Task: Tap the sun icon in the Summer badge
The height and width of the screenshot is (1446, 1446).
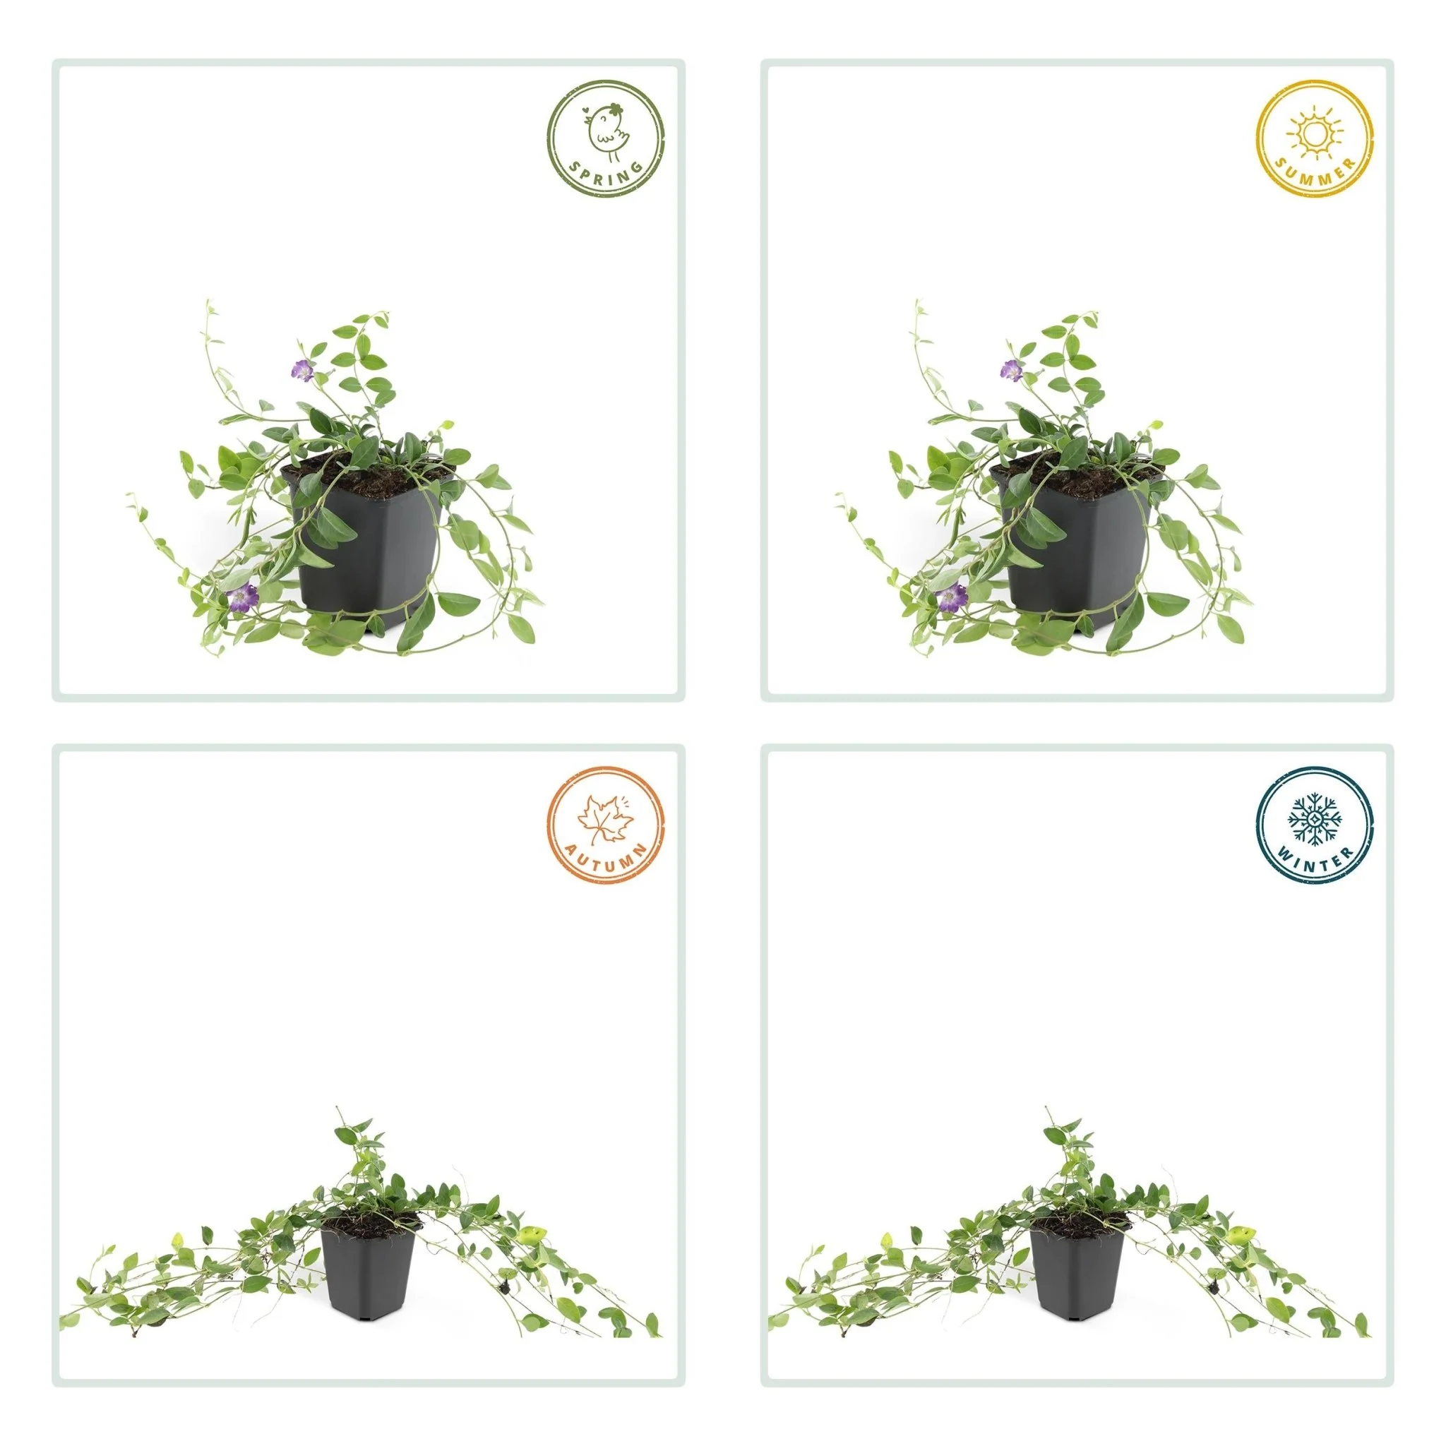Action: tap(1314, 133)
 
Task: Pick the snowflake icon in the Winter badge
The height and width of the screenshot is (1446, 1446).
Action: tap(1313, 819)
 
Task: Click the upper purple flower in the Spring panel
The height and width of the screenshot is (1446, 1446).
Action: tap(301, 369)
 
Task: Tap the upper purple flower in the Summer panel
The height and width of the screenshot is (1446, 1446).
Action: tap(1011, 369)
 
